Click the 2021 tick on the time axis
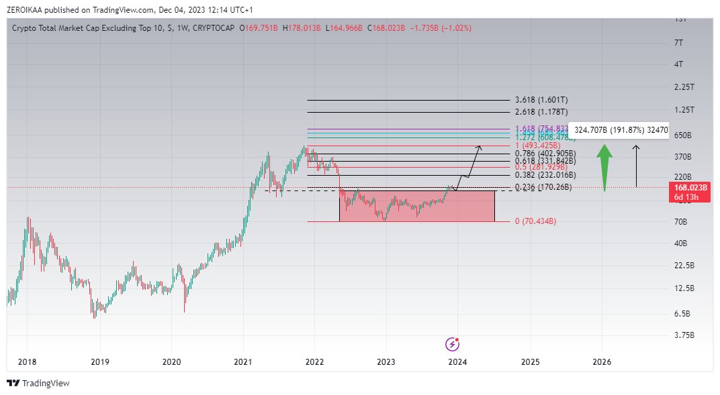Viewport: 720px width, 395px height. click(243, 362)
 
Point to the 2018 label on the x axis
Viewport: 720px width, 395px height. click(28, 362)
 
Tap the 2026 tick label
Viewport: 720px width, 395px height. click(602, 362)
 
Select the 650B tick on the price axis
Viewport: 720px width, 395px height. click(682, 135)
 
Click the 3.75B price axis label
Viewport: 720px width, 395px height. click(684, 335)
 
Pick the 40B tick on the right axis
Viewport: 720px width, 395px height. click(680, 243)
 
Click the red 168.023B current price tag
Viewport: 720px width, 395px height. click(687, 192)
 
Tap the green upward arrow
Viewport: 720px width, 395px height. click(605, 168)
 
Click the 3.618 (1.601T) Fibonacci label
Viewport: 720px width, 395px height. click(541, 100)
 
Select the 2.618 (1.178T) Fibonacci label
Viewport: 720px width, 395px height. click(541, 112)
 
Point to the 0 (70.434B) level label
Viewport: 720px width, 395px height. click(535, 221)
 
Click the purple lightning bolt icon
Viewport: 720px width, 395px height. click(453, 344)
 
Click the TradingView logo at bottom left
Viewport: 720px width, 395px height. click(38, 383)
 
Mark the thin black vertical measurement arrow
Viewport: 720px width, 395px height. click(636, 166)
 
